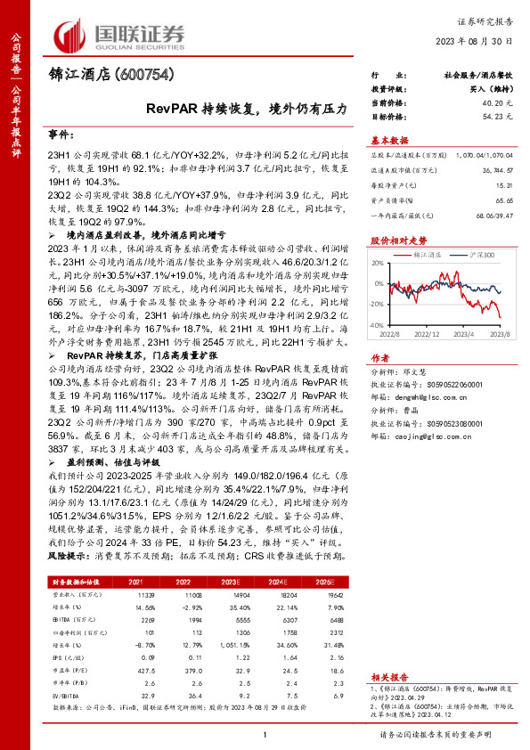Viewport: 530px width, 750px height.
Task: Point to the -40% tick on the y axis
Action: pos(378,326)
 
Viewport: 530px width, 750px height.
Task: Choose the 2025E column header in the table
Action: pos(324,580)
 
